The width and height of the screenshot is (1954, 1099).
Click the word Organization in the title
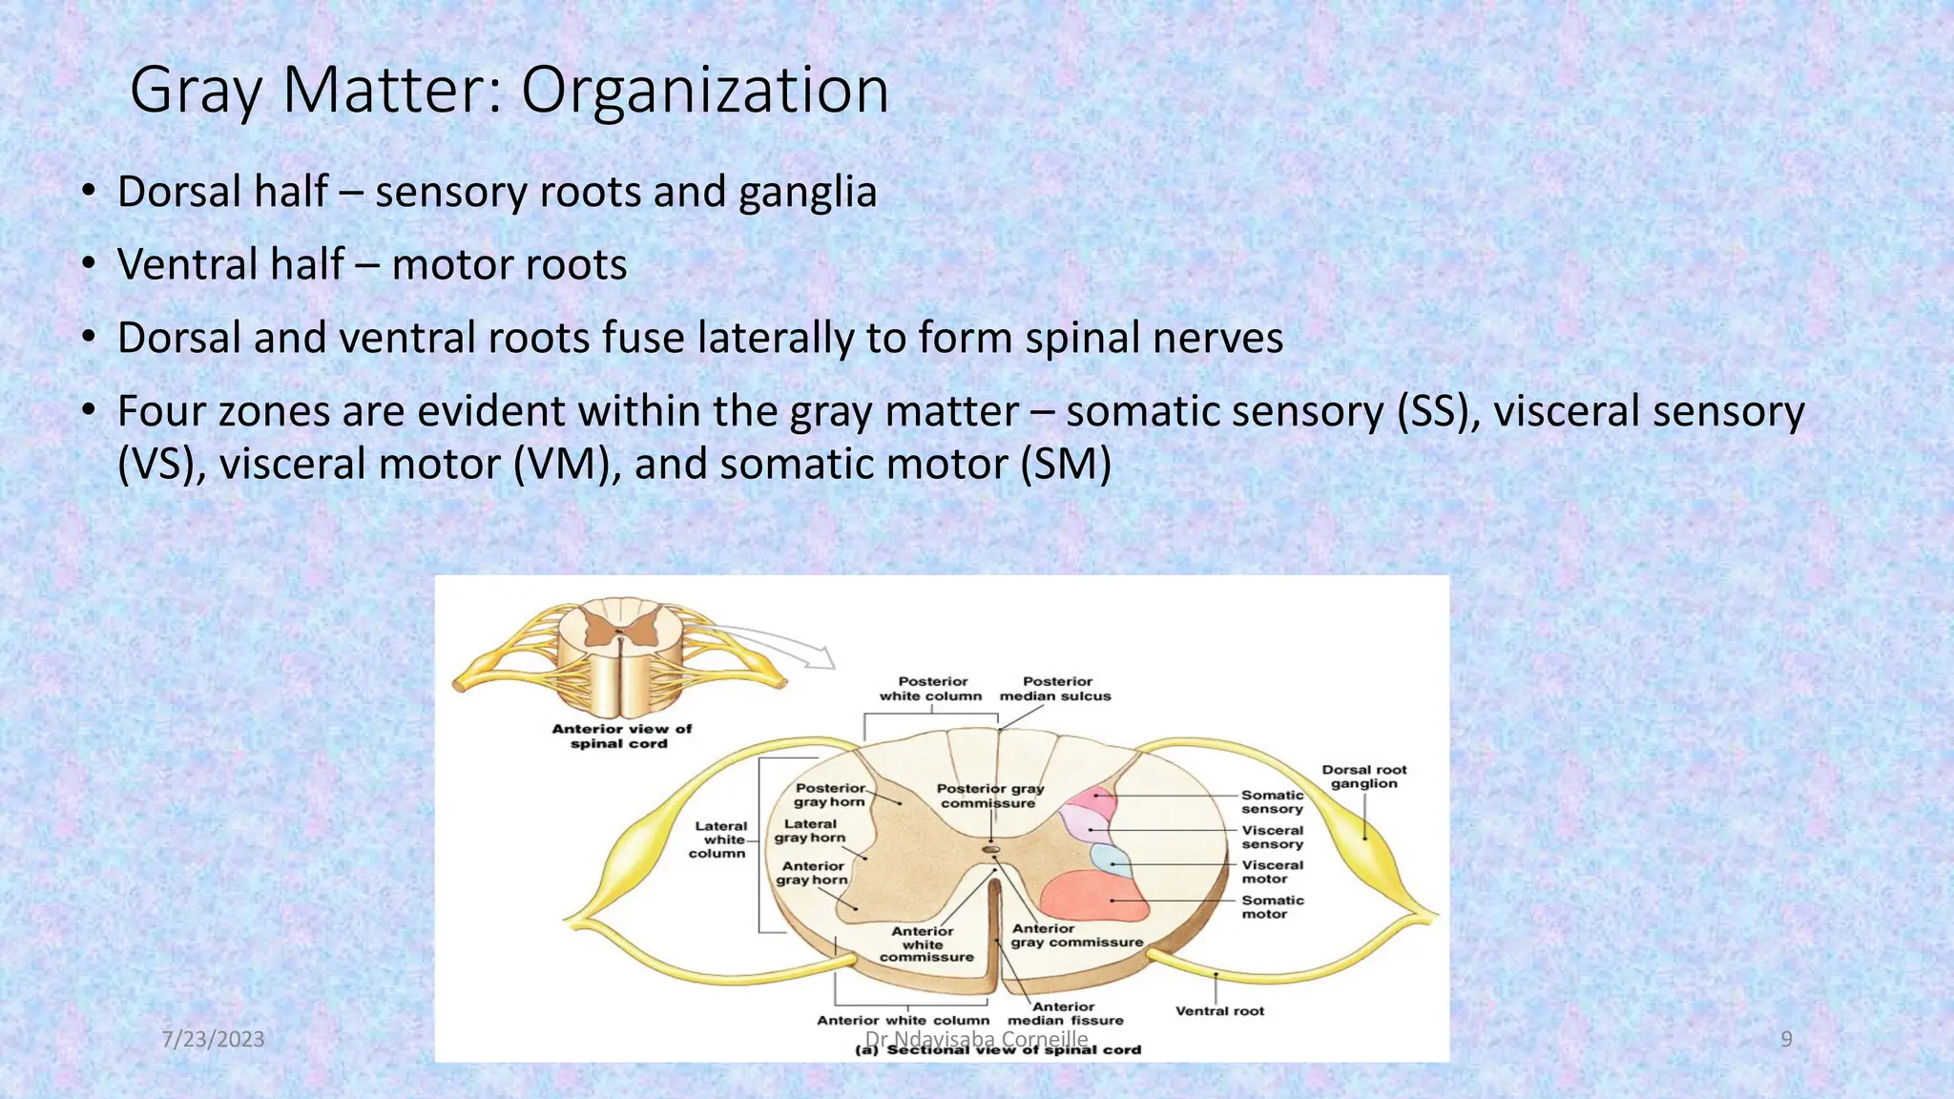(704, 91)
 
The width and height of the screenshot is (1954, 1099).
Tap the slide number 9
(1786, 1039)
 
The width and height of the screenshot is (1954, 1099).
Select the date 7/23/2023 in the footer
(213, 1039)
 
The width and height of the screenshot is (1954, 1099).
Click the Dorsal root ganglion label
(1363, 777)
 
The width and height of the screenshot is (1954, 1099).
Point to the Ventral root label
(1219, 1011)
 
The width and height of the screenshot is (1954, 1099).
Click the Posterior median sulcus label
(1055, 689)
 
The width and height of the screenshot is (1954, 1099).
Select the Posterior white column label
(930, 689)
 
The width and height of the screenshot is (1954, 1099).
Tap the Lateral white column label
(719, 840)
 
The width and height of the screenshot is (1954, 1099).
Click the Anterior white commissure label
(925, 944)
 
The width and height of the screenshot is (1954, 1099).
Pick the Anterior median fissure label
(1065, 1013)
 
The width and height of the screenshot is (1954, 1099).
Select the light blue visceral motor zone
(1112, 861)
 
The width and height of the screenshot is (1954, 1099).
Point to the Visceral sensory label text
(1272, 837)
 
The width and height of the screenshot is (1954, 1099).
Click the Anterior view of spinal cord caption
(621, 736)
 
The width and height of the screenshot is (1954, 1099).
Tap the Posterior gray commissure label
(989, 796)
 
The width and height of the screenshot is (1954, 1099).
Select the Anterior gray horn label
(812, 873)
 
